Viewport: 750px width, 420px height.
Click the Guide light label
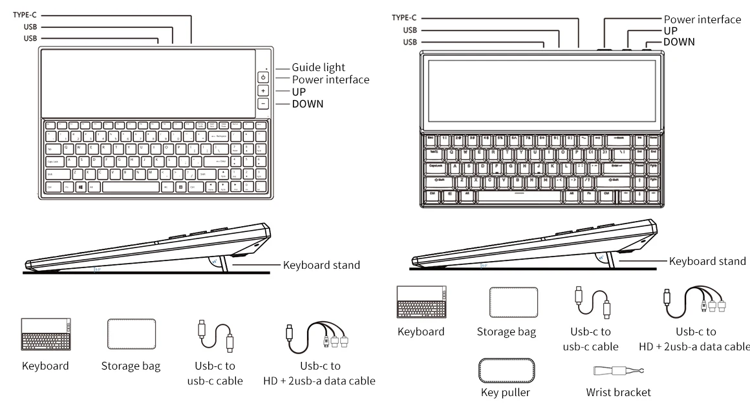(318, 67)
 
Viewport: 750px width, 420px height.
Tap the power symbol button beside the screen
(263, 77)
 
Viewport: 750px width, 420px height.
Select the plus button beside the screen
(263, 90)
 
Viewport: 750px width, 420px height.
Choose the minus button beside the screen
(263, 103)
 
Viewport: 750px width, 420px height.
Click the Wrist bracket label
(618, 392)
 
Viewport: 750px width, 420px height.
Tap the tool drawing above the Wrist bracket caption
(618, 370)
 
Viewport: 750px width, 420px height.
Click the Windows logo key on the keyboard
(80, 187)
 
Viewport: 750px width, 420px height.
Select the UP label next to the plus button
(299, 92)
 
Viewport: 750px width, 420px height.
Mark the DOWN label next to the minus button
(307, 104)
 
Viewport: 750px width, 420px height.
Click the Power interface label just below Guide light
(330, 79)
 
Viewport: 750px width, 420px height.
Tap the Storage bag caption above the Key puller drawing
(506, 332)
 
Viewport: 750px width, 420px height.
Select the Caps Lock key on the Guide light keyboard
(52, 162)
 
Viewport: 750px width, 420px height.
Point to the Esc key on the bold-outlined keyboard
(431, 139)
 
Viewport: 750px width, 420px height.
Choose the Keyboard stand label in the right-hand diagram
(707, 261)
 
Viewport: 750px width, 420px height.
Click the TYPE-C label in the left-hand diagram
(24, 14)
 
